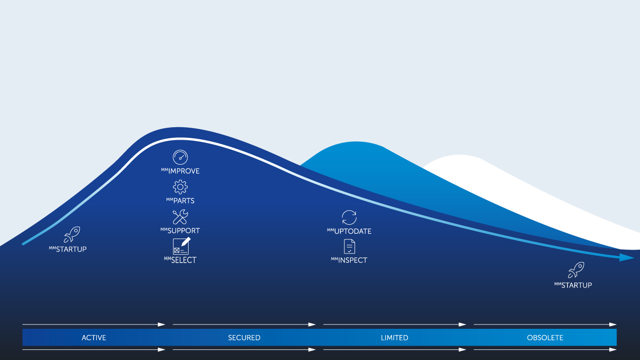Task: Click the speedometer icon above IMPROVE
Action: (x=180, y=157)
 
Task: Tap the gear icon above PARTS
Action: (x=180, y=187)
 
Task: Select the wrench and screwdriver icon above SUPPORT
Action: (x=180, y=217)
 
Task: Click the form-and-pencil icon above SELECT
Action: (x=181, y=246)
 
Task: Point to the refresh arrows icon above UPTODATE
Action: (x=349, y=217)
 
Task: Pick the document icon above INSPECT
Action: (x=349, y=247)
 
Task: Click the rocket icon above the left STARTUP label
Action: (x=71, y=234)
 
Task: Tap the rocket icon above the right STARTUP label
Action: (x=576, y=270)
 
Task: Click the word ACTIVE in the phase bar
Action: (x=94, y=338)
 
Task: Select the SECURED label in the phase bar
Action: (x=244, y=338)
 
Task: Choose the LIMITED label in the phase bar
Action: (x=394, y=338)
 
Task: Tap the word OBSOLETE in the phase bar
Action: (x=545, y=338)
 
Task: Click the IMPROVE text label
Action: (x=184, y=171)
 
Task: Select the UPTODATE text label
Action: (x=353, y=231)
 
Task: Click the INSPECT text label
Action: (x=353, y=260)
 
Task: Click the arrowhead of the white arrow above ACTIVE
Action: (x=161, y=324)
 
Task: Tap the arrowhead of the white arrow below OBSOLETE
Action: (x=613, y=349)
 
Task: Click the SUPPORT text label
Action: (x=184, y=231)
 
